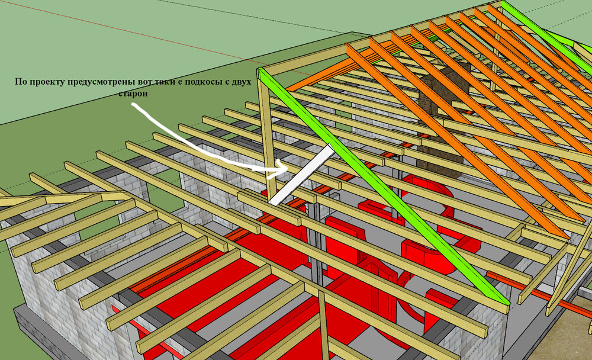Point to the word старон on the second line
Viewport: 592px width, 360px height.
click(x=133, y=94)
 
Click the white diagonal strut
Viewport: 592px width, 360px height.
click(x=302, y=174)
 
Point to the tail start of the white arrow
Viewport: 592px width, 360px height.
click(x=133, y=106)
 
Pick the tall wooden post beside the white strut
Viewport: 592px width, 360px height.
click(x=268, y=136)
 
